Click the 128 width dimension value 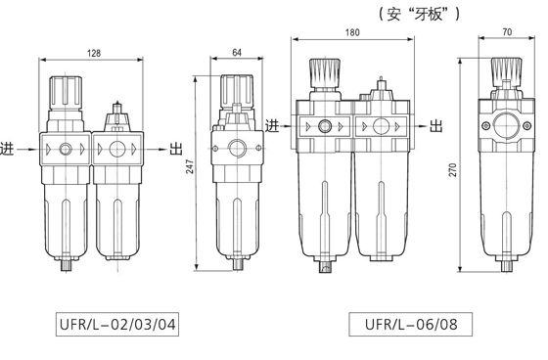[x=94, y=53]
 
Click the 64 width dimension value [x=237, y=53]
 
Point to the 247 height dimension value [x=190, y=166]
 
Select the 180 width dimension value [x=352, y=32]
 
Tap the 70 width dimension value [x=507, y=32]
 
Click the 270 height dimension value [x=452, y=169]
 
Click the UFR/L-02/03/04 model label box [x=117, y=325]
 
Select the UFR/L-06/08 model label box [x=411, y=325]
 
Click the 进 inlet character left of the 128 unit [x=8, y=149]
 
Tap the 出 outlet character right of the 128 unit [x=176, y=149]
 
